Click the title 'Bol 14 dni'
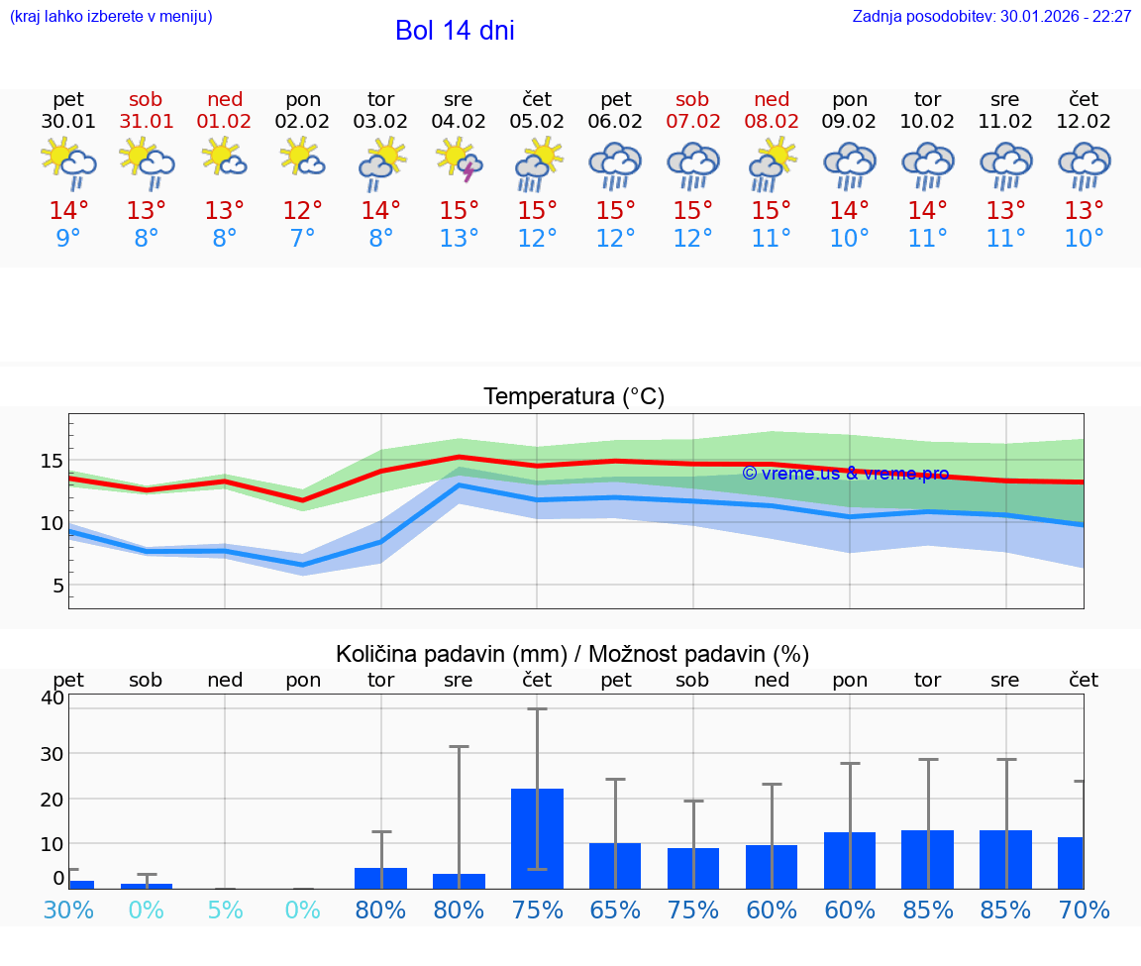point(455,31)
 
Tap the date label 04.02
point(459,122)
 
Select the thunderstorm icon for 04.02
point(459,161)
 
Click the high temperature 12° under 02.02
point(302,211)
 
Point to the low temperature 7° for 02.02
point(302,239)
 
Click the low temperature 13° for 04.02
point(459,239)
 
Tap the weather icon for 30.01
point(68,161)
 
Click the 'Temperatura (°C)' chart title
point(573,397)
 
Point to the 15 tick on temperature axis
point(51,461)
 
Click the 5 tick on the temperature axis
point(57,586)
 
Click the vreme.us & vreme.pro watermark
point(845,474)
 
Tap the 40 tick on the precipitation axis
point(52,698)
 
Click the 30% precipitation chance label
point(68,910)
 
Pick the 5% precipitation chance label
point(225,910)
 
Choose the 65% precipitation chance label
point(615,910)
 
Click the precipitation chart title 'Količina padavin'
point(572,654)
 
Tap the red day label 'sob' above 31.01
point(146,100)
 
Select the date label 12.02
point(1084,122)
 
